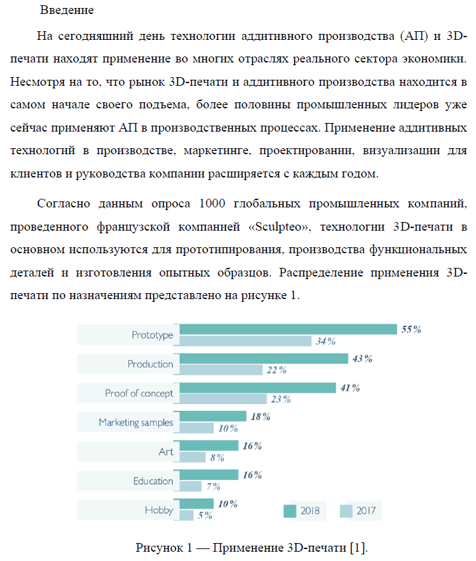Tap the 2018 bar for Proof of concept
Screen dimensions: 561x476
pyautogui.click(x=258, y=388)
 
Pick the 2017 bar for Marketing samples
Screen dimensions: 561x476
pyautogui.click(x=197, y=428)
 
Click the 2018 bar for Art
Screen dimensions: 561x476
pyautogui.click(x=209, y=446)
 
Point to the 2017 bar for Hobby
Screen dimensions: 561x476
pyautogui.click(x=187, y=515)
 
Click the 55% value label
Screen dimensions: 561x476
pyautogui.click(x=412, y=329)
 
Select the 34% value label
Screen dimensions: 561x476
pyautogui.click(x=326, y=342)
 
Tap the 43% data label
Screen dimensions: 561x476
pyautogui.click(x=362, y=358)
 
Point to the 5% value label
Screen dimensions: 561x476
pyautogui.click(x=205, y=516)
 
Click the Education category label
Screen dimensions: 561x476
pyautogui.click(x=153, y=481)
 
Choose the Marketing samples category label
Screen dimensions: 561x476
pyautogui.click(x=136, y=422)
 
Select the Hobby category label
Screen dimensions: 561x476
pyautogui.click(x=159, y=510)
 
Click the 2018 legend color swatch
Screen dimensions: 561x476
pyautogui.click(x=289, y=510)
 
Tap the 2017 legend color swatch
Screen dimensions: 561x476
pyautogui.click(x=346, y=510)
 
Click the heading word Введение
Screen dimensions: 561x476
pyautogui.click(x=66, y=11)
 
